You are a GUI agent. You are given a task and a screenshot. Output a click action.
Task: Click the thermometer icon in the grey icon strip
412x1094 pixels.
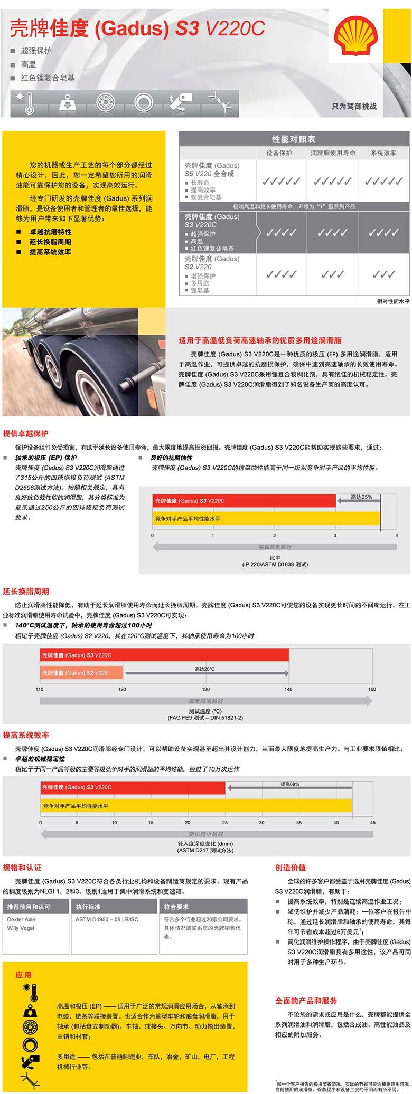coord(25,103)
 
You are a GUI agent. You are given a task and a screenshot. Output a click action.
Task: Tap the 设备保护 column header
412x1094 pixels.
coord(279,153)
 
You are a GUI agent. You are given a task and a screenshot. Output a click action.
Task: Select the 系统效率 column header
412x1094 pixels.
coord(383,153)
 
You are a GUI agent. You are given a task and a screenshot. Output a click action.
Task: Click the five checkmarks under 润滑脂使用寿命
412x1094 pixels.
coord(332,182)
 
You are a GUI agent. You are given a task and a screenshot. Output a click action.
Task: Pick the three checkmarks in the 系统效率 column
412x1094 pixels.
coord(383,274)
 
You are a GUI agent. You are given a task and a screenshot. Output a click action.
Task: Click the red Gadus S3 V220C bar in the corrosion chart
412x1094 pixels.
coord(245,501)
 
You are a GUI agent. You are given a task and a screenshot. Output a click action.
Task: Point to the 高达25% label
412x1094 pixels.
coord(361,497)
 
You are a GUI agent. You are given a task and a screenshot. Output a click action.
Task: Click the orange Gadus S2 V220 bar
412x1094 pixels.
coord(81,673)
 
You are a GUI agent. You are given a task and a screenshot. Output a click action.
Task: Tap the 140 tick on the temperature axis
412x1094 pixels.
coord(288,689)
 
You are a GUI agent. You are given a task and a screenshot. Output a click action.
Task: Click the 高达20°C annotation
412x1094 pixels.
coord(205,669)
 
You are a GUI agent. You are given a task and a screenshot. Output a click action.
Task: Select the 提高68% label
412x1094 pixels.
coord(289,784)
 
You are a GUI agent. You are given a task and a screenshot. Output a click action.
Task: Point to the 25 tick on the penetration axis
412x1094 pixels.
coord(225,823)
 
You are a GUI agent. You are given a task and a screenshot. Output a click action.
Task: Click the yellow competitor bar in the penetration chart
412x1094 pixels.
coord(196,806)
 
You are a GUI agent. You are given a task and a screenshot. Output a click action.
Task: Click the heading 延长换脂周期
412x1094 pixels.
coord(26,592)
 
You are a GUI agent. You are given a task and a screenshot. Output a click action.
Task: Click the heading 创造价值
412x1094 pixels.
coord(290,868)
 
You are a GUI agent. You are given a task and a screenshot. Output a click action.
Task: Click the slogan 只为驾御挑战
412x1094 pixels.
coord(354,106)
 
